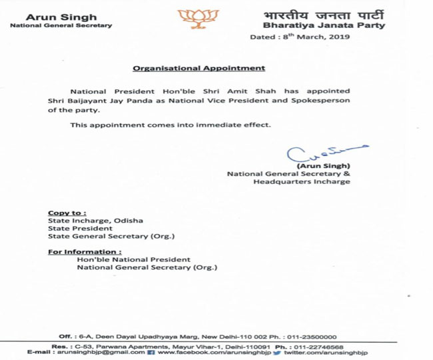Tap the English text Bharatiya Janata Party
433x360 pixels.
pos(306,26)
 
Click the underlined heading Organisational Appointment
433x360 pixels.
pos(199,68)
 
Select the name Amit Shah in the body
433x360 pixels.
pos(240,90)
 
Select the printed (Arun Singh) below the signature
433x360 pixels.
pos(324,165)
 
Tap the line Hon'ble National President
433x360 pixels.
pos(133,259)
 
